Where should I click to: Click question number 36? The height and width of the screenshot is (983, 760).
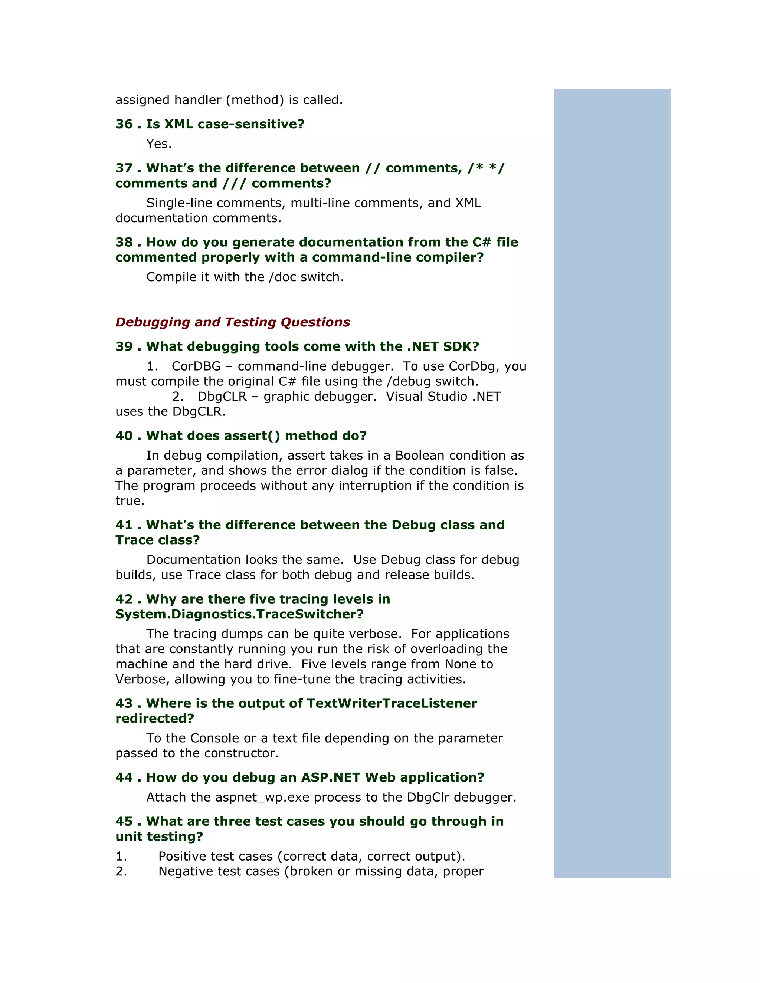[x=124, y=124]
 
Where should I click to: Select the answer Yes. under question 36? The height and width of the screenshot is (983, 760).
[x=159, y=144]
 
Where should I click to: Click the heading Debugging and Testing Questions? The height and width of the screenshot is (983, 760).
[x=232, y=322]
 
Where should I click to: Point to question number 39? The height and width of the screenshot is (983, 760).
[x=124, y=346]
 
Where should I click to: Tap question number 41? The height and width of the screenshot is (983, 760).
[x=124, y=525]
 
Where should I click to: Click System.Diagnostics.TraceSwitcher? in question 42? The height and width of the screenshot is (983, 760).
[x=239, y=614]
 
